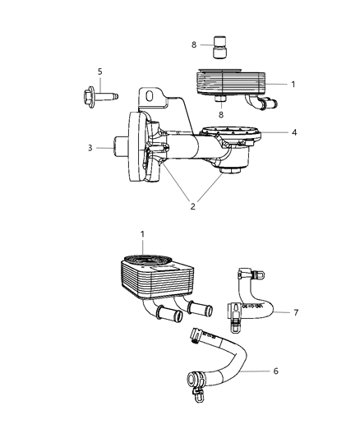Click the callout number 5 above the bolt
(x=100, y=72)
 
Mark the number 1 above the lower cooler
(x=142, y=234)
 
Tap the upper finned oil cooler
(x=231, y=84)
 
